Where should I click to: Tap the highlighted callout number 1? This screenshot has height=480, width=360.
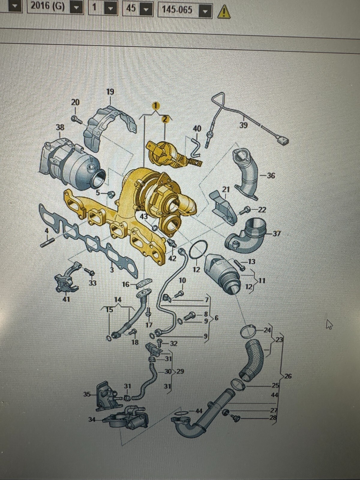point(155,106)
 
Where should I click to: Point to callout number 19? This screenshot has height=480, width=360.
point(110,92)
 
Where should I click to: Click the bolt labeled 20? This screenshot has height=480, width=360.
point(76,119)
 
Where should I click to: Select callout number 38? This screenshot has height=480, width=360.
point(60,127)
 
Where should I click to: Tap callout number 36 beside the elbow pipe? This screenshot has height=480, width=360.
point(271,175)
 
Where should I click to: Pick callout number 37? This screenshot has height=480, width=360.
point(277,234)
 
